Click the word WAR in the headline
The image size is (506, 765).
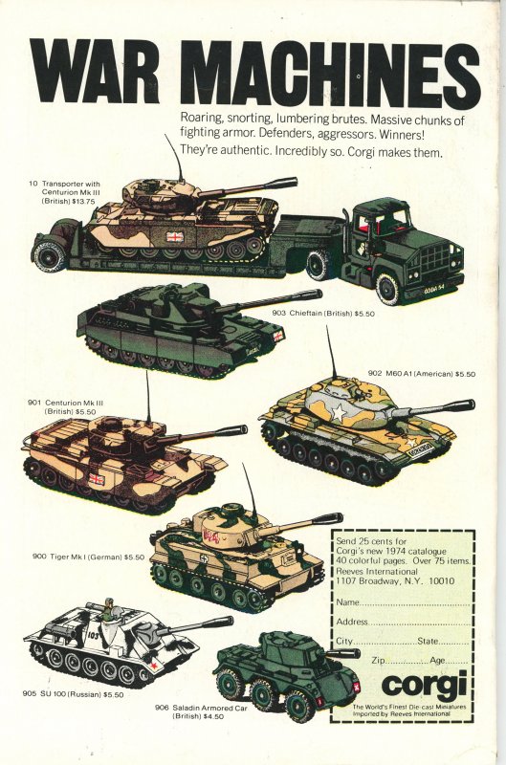click(95, 70)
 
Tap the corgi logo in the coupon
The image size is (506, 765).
click(424, 684)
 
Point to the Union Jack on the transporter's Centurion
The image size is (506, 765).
click(174, 237)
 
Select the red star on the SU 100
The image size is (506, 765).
click(153, 664)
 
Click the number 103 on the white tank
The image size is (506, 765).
click(94, 635)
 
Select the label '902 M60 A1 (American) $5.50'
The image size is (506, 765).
click(421, 374)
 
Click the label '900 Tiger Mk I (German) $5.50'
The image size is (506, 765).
click(88, 557)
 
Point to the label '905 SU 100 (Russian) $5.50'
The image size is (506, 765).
click(73, 694)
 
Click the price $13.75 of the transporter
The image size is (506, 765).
click(83, 201)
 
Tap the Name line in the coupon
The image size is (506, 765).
click(403, 602)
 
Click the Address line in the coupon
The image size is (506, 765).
click(403, 623)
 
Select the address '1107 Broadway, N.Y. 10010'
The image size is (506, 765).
click(395, 581)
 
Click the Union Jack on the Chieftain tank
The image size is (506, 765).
click(278, 336)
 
